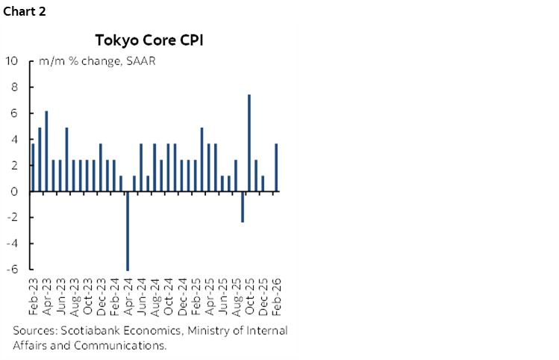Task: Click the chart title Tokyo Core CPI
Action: pos(149,39)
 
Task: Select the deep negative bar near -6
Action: pos(128,231)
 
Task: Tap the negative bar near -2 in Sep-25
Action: pos(242,207)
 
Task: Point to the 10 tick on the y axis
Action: pos(13,61)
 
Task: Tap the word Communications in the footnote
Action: pos(126,345)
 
